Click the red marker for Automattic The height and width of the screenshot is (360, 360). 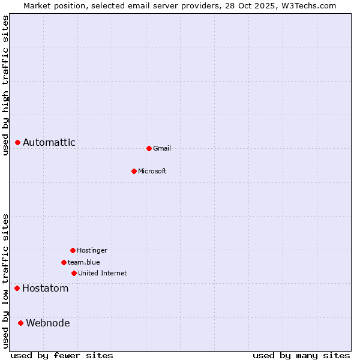18,142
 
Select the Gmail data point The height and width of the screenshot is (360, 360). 149,148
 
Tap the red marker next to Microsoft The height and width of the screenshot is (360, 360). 134,171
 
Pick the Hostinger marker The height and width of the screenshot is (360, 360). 73,250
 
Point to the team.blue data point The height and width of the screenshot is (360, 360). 64,262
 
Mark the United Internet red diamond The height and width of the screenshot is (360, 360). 74,273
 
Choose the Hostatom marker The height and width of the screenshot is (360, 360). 17,289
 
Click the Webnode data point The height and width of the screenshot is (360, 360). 21,323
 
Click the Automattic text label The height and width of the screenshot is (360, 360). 49,142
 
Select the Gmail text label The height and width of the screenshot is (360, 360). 162,148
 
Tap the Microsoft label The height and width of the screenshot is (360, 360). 152,171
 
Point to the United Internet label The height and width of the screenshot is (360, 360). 103,273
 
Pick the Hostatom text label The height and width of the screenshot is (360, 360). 46,289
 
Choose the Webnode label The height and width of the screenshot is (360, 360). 48,323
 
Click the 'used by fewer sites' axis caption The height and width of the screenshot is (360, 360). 62,355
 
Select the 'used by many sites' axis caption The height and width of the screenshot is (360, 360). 301,355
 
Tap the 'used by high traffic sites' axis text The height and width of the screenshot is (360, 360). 5,85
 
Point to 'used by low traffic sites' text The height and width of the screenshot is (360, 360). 5,281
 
